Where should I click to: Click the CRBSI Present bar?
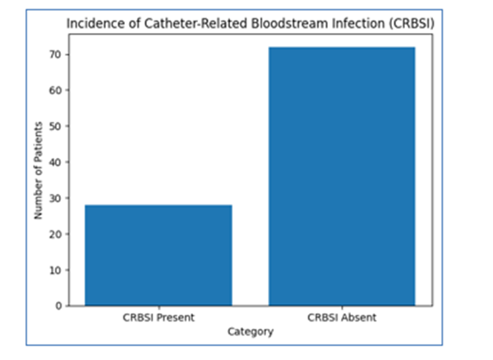point(159,256)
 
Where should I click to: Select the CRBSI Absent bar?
point(342,177)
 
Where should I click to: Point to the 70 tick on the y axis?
point(55,55)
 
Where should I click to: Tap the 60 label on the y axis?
point(55,90)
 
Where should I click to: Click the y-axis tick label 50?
point(55,127)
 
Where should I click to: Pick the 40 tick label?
point(55,162)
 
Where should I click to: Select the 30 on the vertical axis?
point(55,198)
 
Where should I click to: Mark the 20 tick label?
point(55,234)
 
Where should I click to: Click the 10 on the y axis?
point(55,270)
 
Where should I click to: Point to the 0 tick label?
point(58,306)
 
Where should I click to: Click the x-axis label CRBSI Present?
point(159,317)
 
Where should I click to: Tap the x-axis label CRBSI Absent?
point(342,317)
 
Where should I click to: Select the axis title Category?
point(251,332)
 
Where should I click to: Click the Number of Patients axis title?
point(38,170)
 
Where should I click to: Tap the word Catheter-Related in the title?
point(196,24)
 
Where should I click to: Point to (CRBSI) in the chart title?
point(412,24)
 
